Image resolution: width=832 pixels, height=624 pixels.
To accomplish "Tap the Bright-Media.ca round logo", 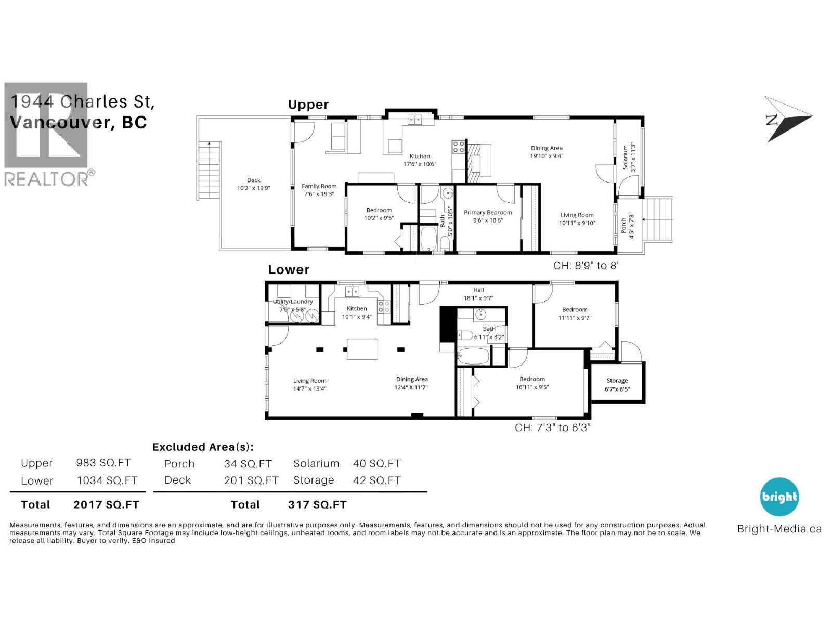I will pyautogui.click(x=779, y=497).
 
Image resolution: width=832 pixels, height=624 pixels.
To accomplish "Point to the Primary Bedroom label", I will pyautogui.click(x=488, y=216).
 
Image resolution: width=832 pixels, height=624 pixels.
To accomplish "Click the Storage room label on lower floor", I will pyautogui.click(x=617, y=384).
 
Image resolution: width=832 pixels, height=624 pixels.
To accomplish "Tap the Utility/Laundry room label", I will pyautogui.click(x=293, y=305).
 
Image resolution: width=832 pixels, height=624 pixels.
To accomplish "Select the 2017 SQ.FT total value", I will pyautogui.click(x=106, y=504).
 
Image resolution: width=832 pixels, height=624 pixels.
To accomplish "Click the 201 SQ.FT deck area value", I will pyautogui.click(x=251, y=480).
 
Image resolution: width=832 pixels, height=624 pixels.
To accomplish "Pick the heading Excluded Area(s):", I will pyautogui.click(x=203, y=447).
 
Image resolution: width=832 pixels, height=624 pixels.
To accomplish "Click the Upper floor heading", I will pyautogui.click(x=308, y=105).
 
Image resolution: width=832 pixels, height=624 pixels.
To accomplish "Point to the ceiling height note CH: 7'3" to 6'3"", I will pyautogui.click(x=553, y=427).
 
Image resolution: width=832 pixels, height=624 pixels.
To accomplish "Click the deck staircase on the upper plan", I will pyautogui.click(x=210, y=172).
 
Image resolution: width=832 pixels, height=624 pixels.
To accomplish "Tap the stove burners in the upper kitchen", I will pyautogui.click(x=458, y=147).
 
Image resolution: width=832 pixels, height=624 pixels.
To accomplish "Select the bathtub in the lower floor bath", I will pyautogui.click(x=473, y=357).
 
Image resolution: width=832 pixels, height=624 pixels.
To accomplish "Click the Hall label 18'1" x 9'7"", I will pyautogui.click(x=478, y=294).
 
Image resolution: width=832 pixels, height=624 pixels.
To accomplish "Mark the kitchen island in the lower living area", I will pyautogui.click(x=362, y=349).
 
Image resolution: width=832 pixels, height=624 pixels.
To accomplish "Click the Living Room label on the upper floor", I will pyautogui.click(x=577, y=218).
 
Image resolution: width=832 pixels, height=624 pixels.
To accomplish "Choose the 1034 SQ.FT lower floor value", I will pyautogui.click(x=107, y=480).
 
